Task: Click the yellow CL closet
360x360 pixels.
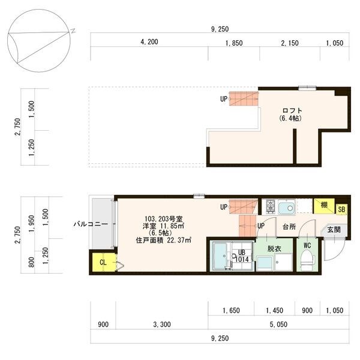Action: pyautogui.click(x=101, y=262)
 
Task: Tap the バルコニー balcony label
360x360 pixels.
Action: pyautogui.click(x=91, y=223)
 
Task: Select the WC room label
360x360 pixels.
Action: pyautogui.click(x=307, y=245)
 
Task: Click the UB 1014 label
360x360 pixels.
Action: pyautogui.click(x=242, y=256)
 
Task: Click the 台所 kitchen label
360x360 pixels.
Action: pyautogui.click(x=289, y=227)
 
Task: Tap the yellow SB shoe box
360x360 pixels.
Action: pyautogui.click(x=341, y=209)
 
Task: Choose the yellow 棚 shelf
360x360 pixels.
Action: pyautogui.click(x=324, y=205)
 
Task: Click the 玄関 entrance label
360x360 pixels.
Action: pyautogui.click(x=333, y=230)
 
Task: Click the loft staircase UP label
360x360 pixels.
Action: pyautogui.click(x=223, y=99)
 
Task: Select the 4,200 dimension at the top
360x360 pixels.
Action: pyautogui.click(x=149, y=42)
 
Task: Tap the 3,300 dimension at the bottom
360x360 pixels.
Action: pyautogui.click(x=162, y=325)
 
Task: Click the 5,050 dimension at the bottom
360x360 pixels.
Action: pyautogui.click(x=277, y=325)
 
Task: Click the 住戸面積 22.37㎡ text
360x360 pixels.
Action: pyautogui.click(x=163, y=241)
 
